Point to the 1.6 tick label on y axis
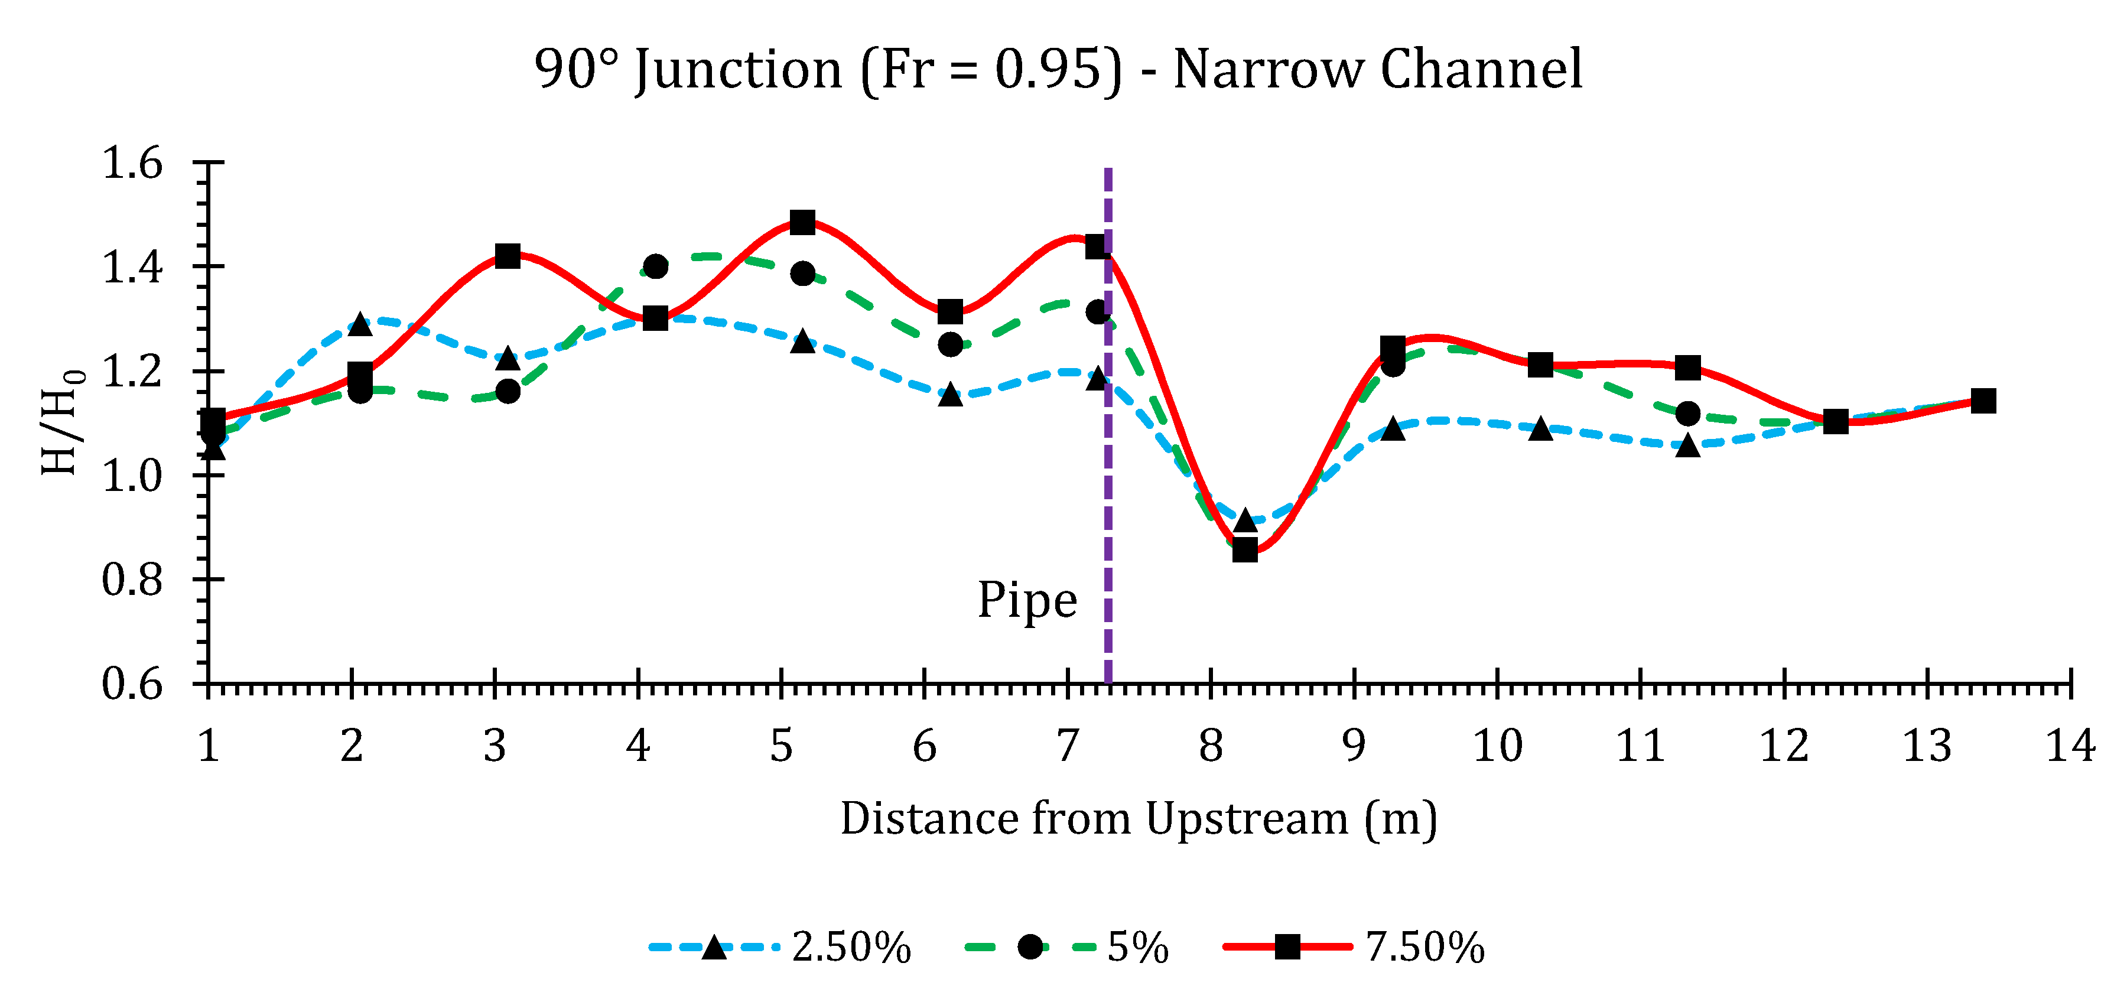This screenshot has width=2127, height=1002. pos(132,164)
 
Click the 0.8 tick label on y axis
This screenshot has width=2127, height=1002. pos(132,580)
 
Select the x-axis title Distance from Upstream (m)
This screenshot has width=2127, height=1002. pos(1139,819)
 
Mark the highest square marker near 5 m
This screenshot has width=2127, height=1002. pos(802,222)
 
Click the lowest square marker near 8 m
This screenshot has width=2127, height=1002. pos(1244,549)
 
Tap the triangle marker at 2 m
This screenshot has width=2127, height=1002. pos(359,324)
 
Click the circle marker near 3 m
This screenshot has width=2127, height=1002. pos(507,391)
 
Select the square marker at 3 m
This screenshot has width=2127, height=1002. pos(507,256)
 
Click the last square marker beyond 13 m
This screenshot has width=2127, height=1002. pos(1982,401)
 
